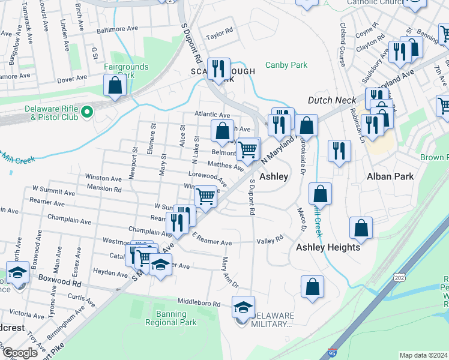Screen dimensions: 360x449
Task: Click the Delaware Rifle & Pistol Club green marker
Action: [x=86, y=112]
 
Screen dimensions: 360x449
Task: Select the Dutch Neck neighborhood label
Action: [x=332, y=101]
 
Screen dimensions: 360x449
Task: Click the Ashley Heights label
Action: [x=328, y=247]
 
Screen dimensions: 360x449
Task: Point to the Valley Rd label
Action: [x=270, y=239]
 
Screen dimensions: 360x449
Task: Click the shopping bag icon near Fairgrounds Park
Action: [x=114, y=86]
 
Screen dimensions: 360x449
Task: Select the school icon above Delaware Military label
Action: [x=243, y=308]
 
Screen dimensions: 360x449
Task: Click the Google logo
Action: [x=19, y=353]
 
